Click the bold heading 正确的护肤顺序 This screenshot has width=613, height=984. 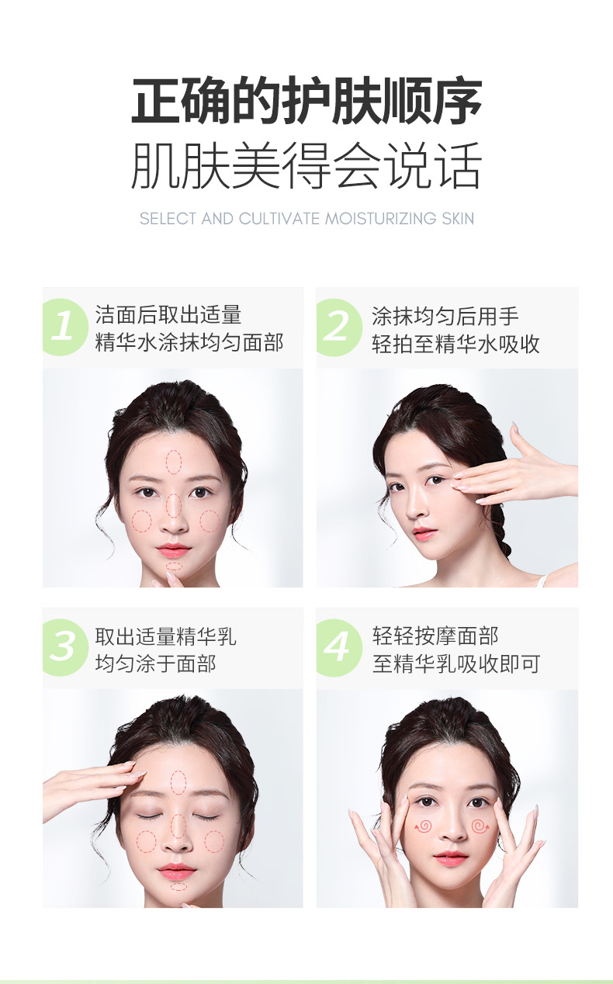[x=306, y=102]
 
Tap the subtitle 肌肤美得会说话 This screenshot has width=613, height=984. [x=306, y=165]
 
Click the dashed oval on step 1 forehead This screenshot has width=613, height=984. [x=174, y=462]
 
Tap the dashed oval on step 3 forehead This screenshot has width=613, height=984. [x=178, y=781]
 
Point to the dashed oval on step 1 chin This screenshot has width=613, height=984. [x=175, y=566]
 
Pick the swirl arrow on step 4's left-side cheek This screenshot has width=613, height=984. [x=424, y=826]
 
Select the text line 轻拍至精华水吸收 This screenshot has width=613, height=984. [x=455, y=344]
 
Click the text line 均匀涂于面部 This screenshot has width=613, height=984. [x=156, y=664]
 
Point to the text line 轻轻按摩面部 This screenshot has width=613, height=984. [x=435, y=636]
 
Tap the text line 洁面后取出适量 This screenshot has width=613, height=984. [x=168, y=315]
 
